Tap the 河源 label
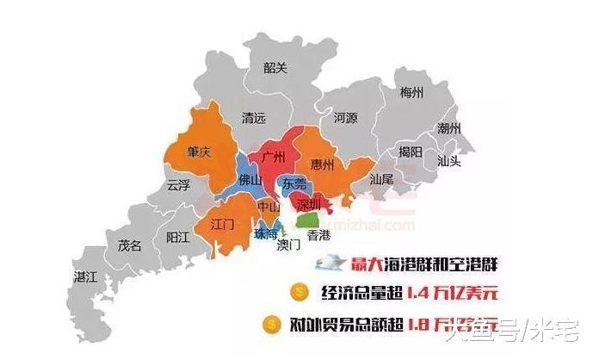344,118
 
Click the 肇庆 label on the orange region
199,152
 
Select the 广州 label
277,158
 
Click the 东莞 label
294,183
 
